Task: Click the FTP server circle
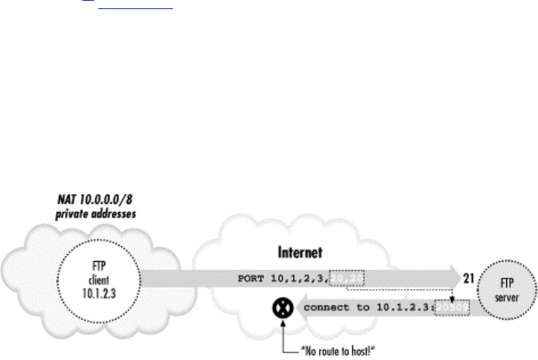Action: (x=508, y=291)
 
